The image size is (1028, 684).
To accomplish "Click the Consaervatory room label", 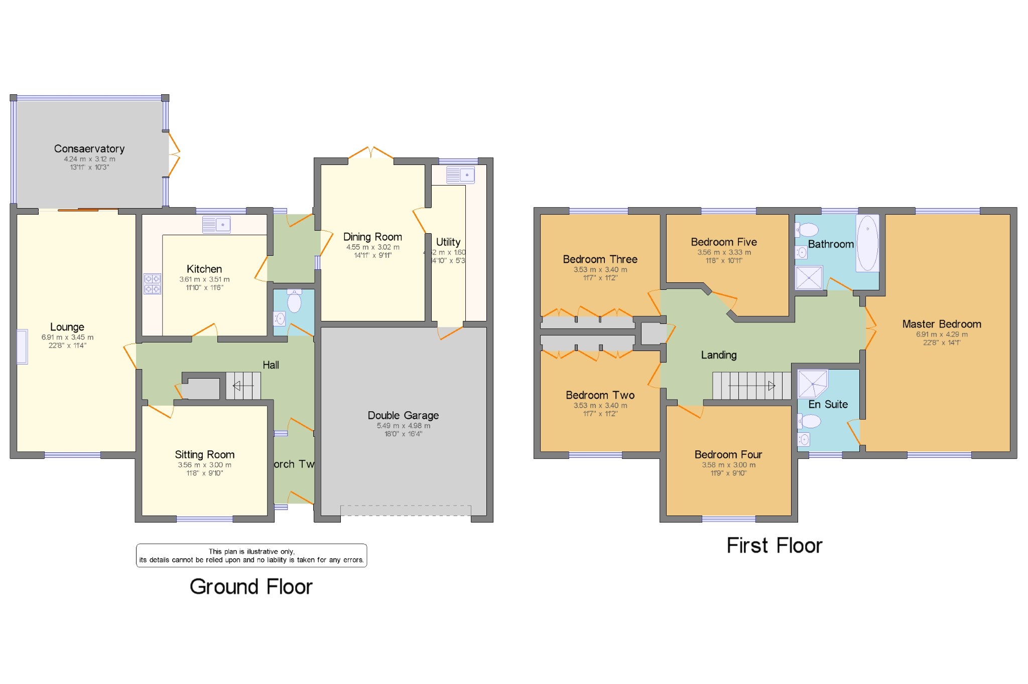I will click(89, 149).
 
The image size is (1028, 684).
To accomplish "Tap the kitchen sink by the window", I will click(216, 225).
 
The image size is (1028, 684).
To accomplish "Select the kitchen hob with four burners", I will click(153, 284).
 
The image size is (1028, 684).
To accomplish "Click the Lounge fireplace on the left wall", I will click(22, 347).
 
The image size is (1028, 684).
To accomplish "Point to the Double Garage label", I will click(403, 415).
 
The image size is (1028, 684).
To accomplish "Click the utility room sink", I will click(460, 175).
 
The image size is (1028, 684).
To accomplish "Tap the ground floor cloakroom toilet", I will click(294, 301).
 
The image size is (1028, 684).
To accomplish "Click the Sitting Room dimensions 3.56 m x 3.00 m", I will click(204, 465).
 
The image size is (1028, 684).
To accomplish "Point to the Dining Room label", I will click(372, 237).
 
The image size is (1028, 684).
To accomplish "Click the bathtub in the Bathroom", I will click(867, 243).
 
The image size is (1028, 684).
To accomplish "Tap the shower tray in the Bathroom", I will click(809, 278).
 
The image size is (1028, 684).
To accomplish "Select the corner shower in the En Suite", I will click(812, 384).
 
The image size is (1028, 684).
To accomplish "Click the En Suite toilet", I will click(809, 421).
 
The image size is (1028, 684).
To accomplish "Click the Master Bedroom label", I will click(941, 324).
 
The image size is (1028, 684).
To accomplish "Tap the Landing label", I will click(718, 355).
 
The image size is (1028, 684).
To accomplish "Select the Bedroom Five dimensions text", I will click(724, 252).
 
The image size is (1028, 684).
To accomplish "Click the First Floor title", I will click(774, 546).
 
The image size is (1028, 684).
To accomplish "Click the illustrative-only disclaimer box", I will click(251, 556).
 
